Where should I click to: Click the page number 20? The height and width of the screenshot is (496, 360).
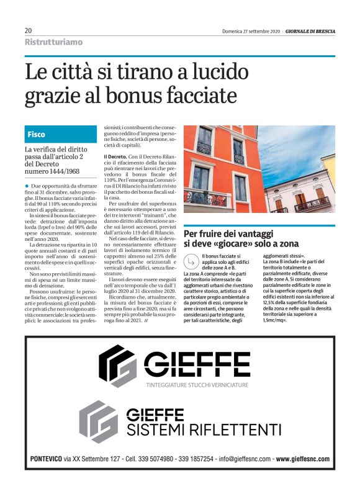[x=29, y=30]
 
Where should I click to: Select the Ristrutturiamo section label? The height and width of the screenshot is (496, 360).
[x=53, y=42]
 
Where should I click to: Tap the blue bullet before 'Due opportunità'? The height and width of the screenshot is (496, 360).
[x=27, y=186]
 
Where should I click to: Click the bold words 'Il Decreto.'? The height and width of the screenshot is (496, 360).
[x=115, y=156]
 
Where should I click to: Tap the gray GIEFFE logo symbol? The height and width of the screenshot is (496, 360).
[x=99, y=420]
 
